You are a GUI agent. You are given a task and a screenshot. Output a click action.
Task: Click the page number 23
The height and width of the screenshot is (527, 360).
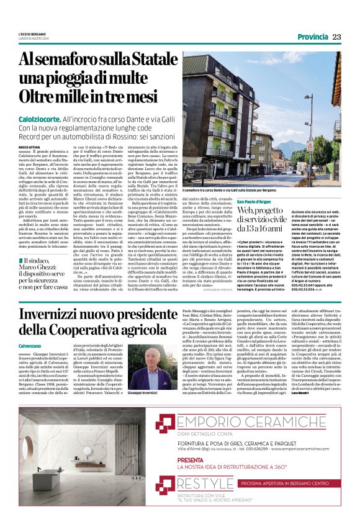(336, 37)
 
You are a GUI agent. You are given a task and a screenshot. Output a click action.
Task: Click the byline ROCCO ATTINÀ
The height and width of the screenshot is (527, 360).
(29, 146)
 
